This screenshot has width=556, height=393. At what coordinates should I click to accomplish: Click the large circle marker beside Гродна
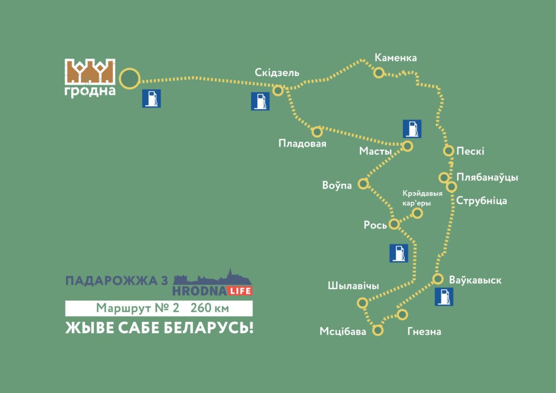130,79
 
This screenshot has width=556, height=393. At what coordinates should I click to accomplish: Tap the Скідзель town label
277,73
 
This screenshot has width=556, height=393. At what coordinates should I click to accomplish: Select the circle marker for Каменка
378,72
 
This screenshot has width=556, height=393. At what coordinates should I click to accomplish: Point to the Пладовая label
302,143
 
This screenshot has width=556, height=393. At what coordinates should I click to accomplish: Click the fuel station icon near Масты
412,128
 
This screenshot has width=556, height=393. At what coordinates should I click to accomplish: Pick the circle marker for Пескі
448,150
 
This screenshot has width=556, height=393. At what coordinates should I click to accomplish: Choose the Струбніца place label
482,201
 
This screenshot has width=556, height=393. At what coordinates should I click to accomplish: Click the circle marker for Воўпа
363,183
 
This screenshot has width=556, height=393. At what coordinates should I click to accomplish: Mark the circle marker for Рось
395,224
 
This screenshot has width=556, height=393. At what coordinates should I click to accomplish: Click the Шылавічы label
353,286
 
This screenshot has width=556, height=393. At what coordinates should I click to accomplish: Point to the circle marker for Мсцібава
378,329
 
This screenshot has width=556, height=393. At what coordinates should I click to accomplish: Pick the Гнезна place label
424,331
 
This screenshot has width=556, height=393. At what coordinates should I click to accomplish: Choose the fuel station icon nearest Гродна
151,99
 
